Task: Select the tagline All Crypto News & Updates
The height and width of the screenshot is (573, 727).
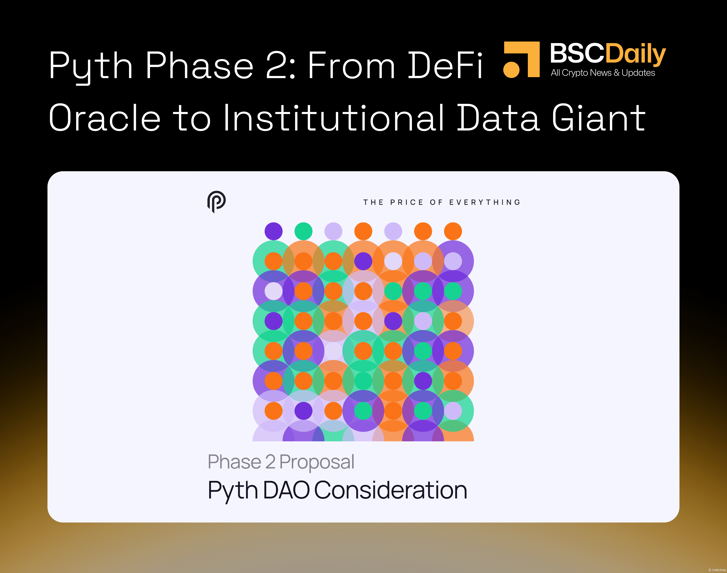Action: [603, 73]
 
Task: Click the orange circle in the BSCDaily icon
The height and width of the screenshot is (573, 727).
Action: [512, 69]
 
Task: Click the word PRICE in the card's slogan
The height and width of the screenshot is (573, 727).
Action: [407, 202]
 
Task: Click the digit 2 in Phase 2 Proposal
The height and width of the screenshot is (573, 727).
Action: [270, 462]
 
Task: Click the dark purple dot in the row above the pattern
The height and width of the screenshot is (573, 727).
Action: [274, 231]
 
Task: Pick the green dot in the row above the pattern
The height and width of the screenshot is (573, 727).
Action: [303, 231]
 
